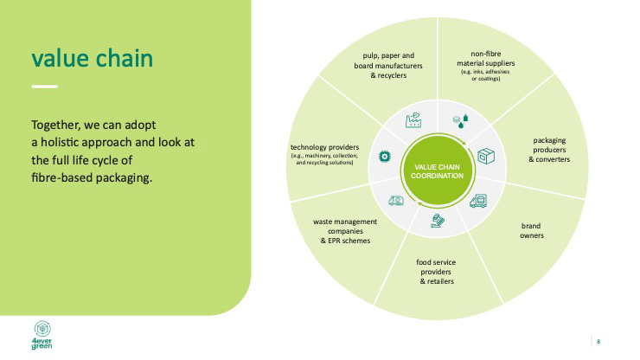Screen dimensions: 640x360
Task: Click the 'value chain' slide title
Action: pos(93,59)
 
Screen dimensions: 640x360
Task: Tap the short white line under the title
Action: pos(44,87)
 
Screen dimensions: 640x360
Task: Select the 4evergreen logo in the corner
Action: pos(42,335)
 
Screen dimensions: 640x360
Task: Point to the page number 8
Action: pos(598,341)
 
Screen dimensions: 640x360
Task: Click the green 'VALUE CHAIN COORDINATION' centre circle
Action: pos(437,170)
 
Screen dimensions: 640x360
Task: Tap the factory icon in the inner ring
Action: pos(413,119)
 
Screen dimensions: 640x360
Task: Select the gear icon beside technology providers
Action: pos(385,156)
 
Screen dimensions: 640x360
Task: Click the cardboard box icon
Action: pos(486,156)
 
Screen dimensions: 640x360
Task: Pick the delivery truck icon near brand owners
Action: pos(478,201)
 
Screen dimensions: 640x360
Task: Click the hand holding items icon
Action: pos(437,221)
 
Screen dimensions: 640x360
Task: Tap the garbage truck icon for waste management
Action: pos(396,201)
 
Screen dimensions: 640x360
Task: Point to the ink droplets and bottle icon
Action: pos(461,121)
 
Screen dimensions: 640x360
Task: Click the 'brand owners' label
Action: pos(531,230)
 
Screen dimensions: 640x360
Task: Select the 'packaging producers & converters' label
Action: pos(549,150)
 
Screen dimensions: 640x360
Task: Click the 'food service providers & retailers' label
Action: pos(437,272)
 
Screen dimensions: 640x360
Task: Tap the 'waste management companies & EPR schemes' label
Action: pos(345,231)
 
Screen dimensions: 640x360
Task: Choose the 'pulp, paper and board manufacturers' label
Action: pos(388,66)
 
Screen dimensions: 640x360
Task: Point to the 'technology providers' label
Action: pos(324,147)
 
